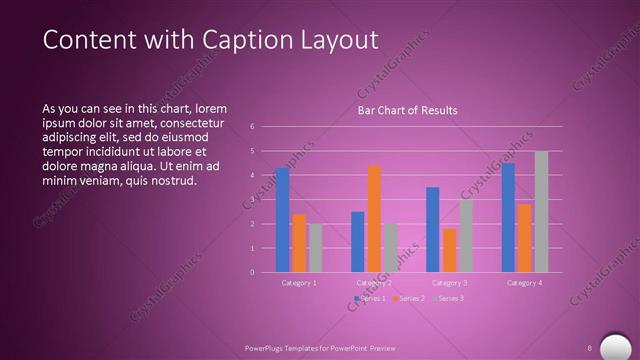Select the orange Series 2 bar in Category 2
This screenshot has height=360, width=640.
374,219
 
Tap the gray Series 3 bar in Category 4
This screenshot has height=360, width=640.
541,212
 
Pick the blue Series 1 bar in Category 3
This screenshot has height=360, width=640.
433,230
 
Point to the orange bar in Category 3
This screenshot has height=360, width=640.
449,251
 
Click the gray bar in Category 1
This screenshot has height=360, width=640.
315,248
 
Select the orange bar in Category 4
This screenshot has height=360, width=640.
524,238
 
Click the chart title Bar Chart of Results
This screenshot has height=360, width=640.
407,111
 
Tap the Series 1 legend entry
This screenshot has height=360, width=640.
370,298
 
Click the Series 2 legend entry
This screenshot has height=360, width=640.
410,298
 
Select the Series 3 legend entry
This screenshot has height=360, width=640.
449,298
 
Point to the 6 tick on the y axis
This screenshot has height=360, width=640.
252,127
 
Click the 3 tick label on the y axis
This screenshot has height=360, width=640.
252,200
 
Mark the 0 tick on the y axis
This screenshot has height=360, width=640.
252,272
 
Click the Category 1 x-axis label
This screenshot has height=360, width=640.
299,283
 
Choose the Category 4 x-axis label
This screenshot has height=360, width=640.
524,283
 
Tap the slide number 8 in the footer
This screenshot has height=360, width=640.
590,347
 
